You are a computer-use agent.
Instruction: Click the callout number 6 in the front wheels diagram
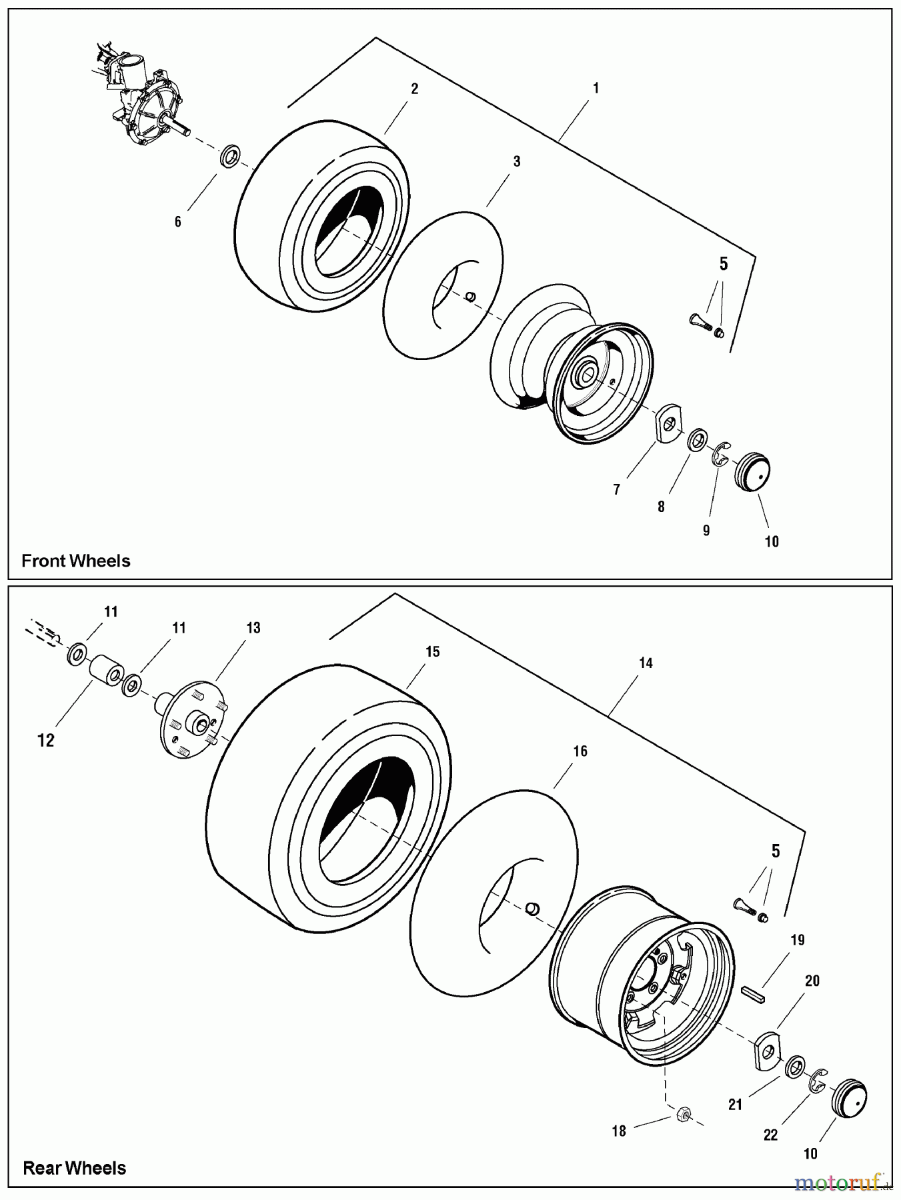pos(177,222)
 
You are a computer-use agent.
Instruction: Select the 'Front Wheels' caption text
pos(76,561)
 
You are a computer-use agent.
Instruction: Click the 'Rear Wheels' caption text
pos(75,1168)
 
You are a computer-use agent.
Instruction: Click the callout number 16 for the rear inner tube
pos(580,751)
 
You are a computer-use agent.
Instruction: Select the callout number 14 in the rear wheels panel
pos(646,663)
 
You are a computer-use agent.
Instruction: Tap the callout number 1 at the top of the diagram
pos(596,88)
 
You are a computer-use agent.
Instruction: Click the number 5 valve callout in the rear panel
pos(775,851)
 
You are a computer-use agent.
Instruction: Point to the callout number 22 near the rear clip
pos(770,1135)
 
